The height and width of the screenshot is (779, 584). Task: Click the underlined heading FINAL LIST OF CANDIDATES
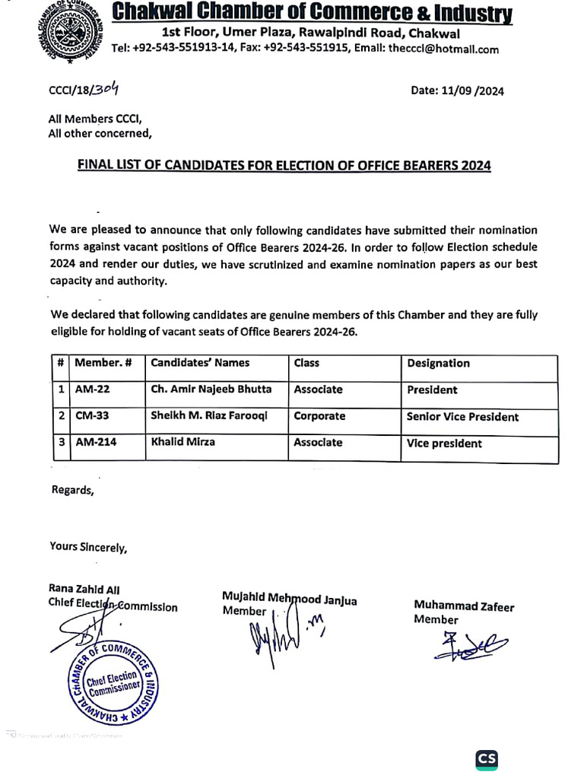coord(284,165)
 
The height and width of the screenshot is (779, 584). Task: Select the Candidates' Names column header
coord(200,363)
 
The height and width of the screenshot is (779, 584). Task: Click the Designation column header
coord(438,364)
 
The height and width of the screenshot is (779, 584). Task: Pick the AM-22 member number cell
coord(92,389)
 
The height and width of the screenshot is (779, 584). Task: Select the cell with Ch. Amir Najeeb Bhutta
coord(211,389)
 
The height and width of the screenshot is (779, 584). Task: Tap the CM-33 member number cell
coord(93,416)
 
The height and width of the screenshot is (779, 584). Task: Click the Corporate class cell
coord(319,416)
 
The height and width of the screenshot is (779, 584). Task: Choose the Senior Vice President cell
coord(463,417)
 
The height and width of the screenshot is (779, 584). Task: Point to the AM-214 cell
coord(96,443)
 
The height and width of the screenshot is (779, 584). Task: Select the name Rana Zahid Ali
coord(84,590)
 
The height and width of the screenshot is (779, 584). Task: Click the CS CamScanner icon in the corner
coord(487,759)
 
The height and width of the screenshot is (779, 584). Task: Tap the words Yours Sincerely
coord(88,546)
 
